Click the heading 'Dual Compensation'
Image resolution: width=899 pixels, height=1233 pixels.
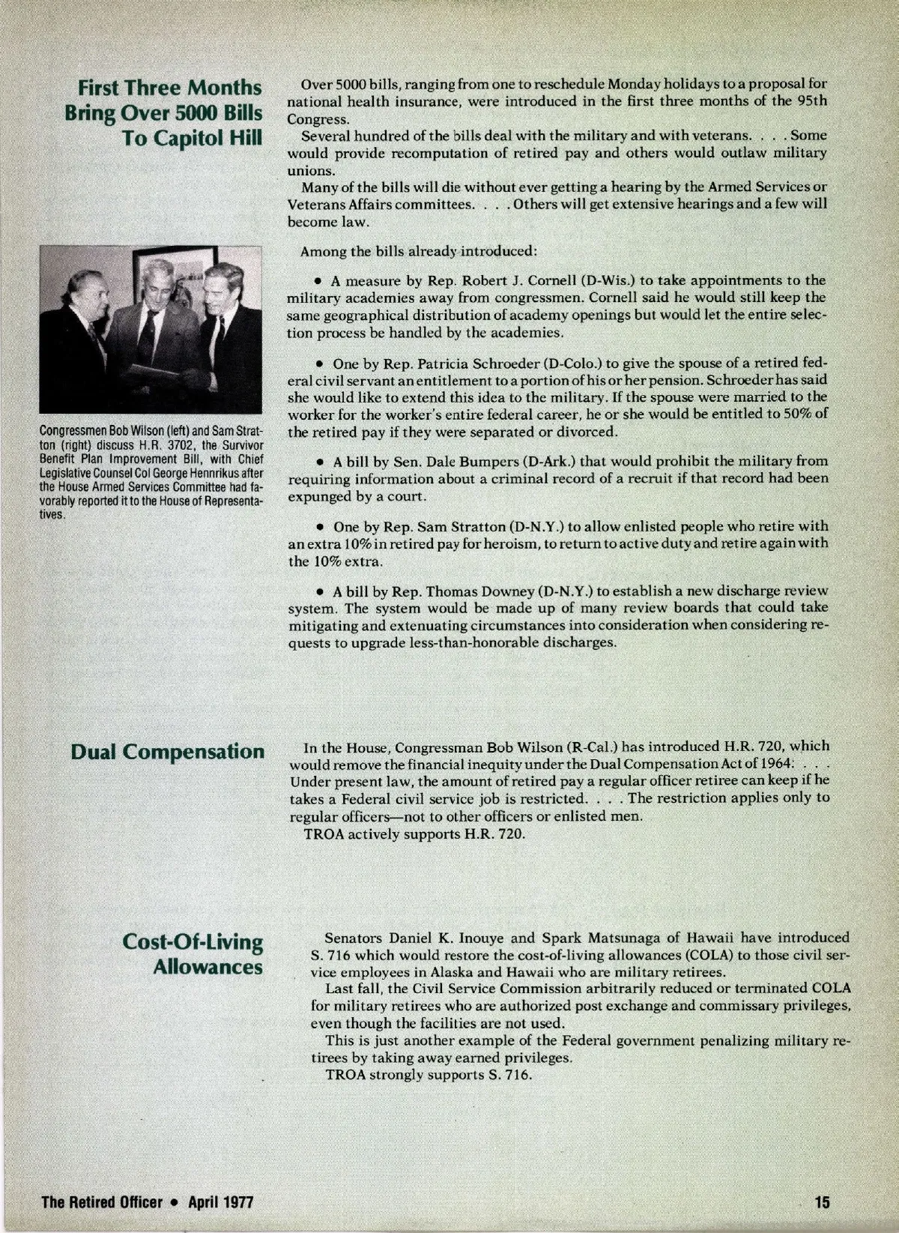[167, 752]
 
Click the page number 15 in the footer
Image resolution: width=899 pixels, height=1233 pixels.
[823, 1203]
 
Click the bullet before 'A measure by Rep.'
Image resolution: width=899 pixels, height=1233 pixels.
[318, 281]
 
